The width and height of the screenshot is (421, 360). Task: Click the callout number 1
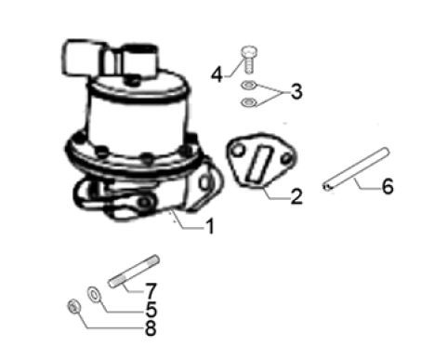click(210, 226)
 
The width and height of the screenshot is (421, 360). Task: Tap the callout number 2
click(296, 196)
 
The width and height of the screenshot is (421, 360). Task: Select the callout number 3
click(296, 92)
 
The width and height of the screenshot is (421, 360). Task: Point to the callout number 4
click(217, 75)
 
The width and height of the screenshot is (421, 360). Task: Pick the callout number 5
click(151, 309)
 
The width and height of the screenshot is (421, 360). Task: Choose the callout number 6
click(388, 186)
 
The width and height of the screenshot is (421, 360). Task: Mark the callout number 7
click(151, 291)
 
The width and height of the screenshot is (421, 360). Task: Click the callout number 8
click(151, 327)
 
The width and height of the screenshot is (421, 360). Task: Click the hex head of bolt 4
click(249, 51)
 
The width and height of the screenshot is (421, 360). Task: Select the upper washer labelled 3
click(249, 85)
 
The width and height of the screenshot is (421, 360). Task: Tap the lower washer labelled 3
click(249, 101)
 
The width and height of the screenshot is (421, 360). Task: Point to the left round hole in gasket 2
click(238, 151)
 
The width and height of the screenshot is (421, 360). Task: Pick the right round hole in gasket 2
click(286, 159)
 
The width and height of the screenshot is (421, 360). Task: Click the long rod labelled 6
click(356, 169)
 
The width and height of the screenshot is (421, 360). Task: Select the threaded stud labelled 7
click(134, 272)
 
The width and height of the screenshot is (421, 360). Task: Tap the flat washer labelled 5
click(94, 294)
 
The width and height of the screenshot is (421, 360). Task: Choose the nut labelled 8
click(74, 306)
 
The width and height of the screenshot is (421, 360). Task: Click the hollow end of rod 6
click(326, 187)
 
